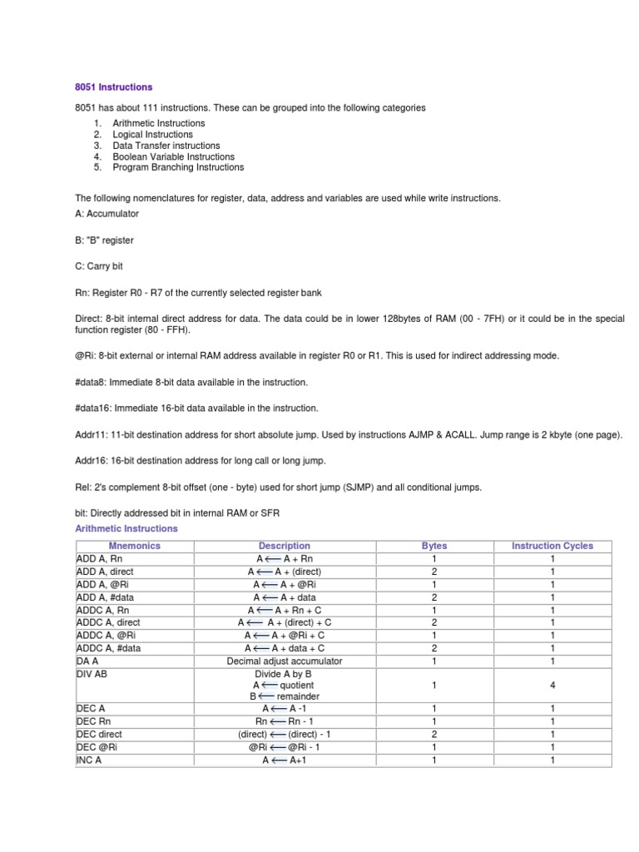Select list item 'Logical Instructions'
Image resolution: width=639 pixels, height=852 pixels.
152,134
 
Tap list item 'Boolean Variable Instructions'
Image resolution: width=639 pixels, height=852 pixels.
173,156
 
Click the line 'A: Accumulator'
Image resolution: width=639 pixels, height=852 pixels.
107,214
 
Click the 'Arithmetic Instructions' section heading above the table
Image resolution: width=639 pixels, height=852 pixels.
126,528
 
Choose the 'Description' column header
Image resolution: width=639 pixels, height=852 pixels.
285,546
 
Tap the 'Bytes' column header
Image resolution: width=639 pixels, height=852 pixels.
434,546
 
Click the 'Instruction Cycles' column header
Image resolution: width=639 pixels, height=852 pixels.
552,546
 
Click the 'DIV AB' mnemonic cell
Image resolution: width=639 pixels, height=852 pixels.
92,673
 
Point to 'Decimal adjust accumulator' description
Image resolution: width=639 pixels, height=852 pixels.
285,661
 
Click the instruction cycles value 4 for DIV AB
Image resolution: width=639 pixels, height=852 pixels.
552,685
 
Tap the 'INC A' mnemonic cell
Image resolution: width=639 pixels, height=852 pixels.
90,760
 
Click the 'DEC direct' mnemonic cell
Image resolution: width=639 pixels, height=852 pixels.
99,735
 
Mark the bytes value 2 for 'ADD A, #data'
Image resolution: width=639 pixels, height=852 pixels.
434,597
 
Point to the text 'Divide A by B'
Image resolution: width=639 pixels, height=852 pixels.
285,673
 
